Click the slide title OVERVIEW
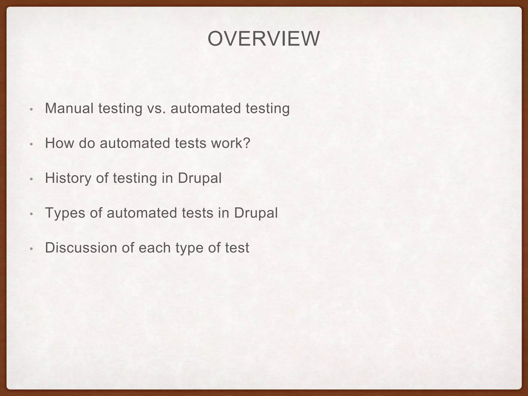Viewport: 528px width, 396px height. pos(263,39)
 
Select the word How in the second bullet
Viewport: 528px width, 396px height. pos(60,143)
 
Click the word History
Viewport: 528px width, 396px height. pos(68,178)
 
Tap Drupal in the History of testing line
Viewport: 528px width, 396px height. pos(200,178)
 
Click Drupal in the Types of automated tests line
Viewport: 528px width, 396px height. pos(256,213)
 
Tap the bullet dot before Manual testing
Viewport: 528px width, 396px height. pos(31,109)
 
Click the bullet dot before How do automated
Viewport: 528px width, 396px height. pos(31,144)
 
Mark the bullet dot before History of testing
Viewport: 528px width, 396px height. pos(31,179)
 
